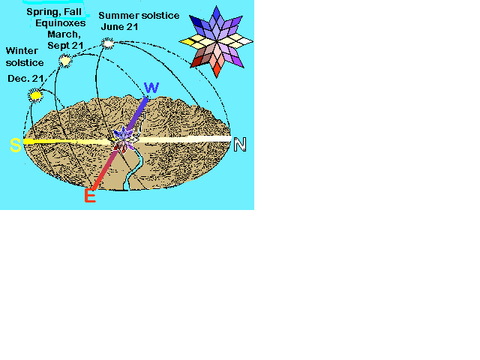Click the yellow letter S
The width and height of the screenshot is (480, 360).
16,145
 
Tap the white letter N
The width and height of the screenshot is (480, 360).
240,144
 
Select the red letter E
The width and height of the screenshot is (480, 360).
90,196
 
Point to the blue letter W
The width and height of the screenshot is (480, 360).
151,88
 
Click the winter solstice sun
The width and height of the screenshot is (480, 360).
35,95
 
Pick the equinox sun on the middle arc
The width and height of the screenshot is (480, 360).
65,61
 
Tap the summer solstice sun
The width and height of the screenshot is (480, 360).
108,43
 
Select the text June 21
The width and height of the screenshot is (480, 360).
119,27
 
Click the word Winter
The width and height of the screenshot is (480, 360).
22,50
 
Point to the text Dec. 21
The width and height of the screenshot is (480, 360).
25,79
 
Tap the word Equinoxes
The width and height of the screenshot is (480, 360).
61,23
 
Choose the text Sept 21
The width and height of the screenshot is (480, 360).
65,46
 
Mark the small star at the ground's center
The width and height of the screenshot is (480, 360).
123,140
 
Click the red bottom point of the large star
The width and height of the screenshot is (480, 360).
217,70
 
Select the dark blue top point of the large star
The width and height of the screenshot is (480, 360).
217,13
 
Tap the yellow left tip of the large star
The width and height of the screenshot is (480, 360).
187,42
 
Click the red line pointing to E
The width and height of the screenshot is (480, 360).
105,167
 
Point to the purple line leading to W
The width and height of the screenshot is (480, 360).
137,113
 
